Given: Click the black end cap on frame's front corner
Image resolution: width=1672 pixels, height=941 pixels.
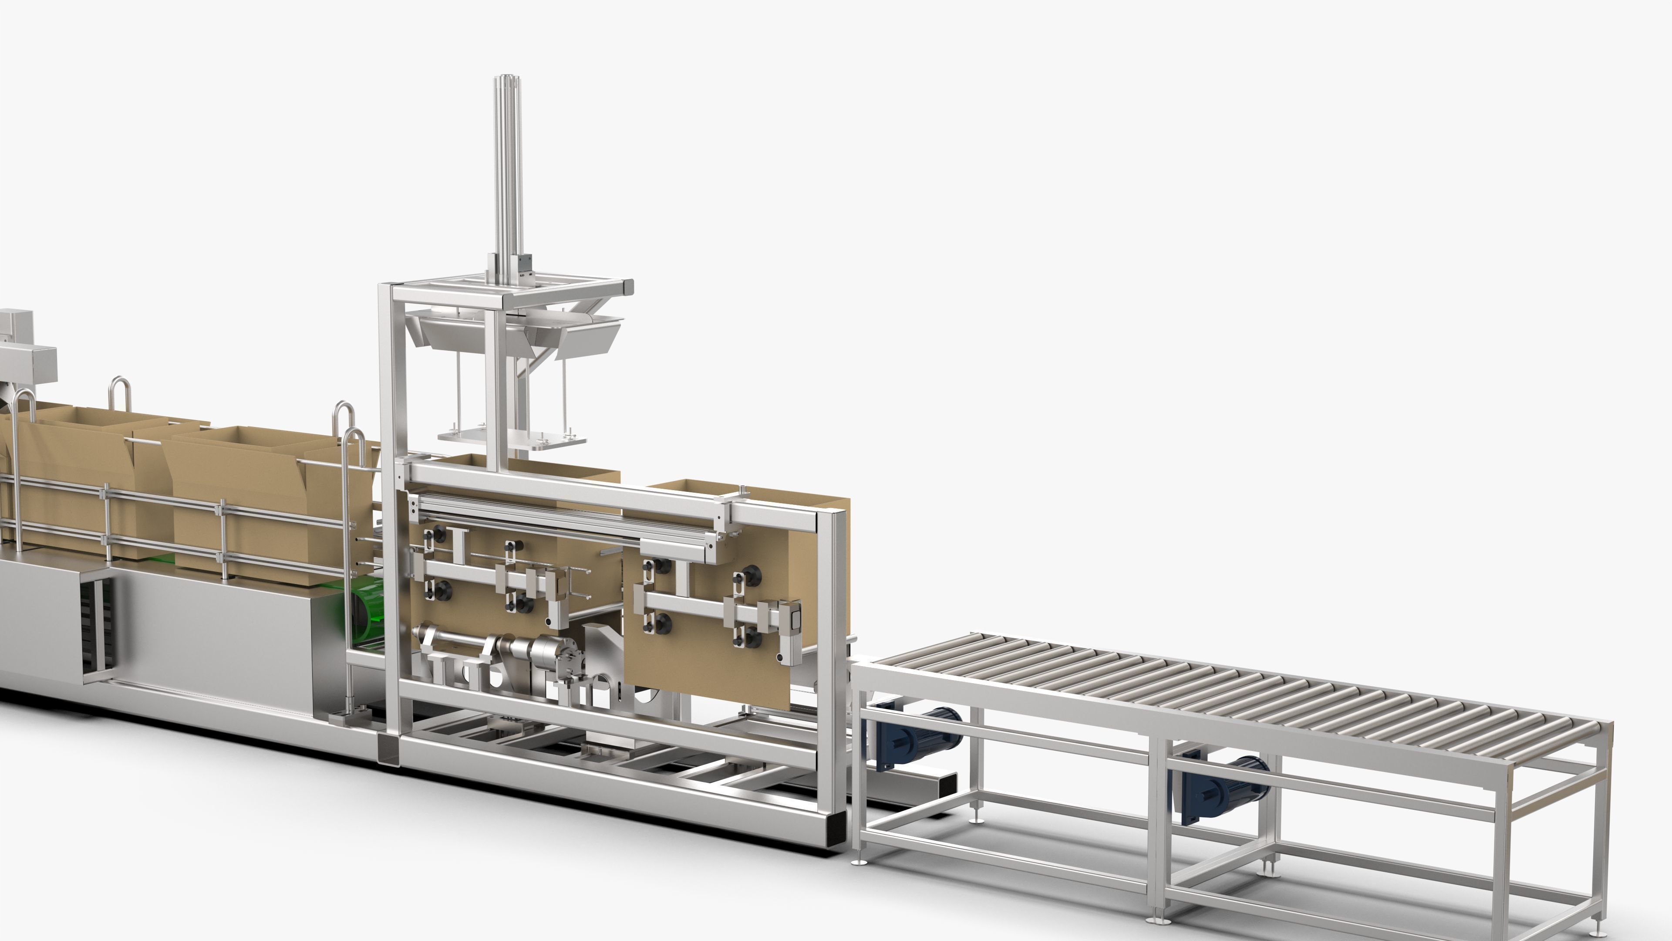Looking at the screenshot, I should [x=831, y=831].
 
